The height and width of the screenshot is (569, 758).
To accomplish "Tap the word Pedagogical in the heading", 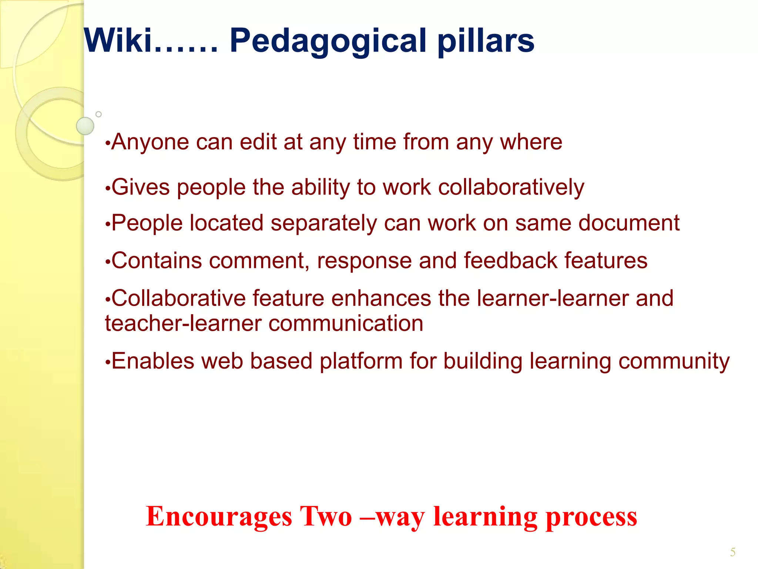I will pyautogui.click(x=328, y=41).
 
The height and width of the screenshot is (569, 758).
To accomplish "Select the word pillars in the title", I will pyautogui.click(x=486, y=41).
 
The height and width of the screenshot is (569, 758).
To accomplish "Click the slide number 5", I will pyautogui.click(x=732, y=552).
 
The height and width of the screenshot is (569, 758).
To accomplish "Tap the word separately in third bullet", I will pyautogui.click(x=323, y=224).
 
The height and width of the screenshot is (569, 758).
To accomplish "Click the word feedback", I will pyautogui.click(x=510, y=260).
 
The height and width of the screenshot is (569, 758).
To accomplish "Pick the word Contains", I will pyautogui.click(x=157, y=260).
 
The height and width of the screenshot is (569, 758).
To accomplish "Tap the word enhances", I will pyautogui.click(x=381, y=298).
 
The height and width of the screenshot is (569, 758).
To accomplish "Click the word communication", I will pyautogui.click(x=346, y=323).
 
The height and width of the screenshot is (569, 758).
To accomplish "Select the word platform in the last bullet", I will pyautogui.click(x=361, y=362).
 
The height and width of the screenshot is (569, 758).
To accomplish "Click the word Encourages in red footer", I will pyautogui.click(x=219, y=516).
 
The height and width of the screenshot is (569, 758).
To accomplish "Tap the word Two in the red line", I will pyautogui.click(x=326, y=516).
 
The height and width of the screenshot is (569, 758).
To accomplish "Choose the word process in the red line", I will pyautogui.click(x=591, y=517).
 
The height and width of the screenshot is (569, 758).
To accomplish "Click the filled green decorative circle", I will pyautogui.click(x=85, y=126).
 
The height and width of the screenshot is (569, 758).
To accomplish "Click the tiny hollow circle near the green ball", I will pyautogui.click(x=98, y=114).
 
